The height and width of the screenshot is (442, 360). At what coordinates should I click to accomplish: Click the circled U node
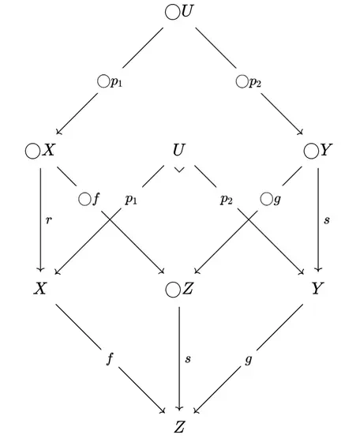pos(179,12)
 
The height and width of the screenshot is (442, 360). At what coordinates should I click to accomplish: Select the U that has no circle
pos(179,150)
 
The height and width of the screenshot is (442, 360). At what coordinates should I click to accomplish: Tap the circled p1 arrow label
pos(110,82)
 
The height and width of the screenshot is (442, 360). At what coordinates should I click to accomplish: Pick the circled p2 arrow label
pos(248,82)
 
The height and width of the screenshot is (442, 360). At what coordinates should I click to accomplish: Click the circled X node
pos(39,151)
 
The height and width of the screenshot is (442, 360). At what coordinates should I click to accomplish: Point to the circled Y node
pos(318,151)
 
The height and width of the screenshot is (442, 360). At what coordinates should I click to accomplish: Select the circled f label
pos(89,199)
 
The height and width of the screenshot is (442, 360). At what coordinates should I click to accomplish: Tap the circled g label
pos(271,200)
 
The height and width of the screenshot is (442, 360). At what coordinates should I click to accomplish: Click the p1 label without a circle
pos(131,200)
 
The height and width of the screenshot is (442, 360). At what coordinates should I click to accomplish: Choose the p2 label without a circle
pos(227,200)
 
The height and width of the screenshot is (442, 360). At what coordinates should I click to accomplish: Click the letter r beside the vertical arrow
pos(49,220)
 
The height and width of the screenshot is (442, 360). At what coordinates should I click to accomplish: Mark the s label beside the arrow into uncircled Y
pos(327,220)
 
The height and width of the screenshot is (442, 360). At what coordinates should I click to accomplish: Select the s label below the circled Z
pos(188,359)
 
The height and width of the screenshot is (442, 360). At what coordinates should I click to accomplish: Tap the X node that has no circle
pos(39,288)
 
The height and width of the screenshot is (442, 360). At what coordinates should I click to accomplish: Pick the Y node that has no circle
pos(317,288)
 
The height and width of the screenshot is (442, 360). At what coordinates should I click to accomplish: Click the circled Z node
pos(179,290)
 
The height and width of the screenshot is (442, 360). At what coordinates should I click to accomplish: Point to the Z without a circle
pos(179,427)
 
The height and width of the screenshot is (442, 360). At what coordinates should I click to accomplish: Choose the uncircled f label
pos(110,359)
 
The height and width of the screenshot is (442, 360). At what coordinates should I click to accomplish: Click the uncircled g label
pos(248,360)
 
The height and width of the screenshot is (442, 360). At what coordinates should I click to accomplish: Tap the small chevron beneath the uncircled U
pos(179,170)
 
